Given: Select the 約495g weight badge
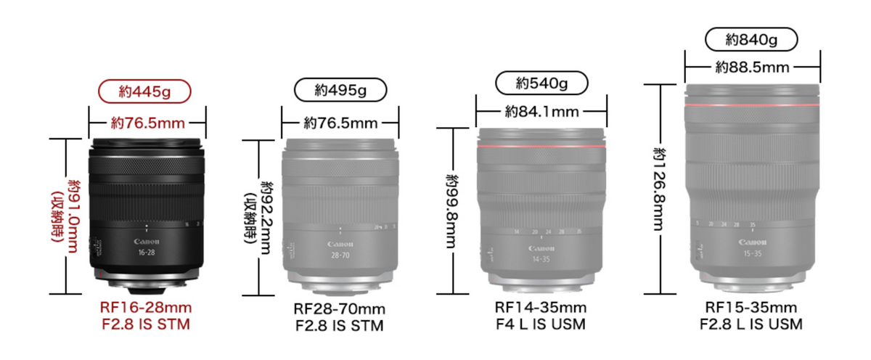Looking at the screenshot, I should [340, 91].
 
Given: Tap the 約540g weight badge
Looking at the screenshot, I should [541, 83].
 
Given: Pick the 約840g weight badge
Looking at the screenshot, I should [751, 38].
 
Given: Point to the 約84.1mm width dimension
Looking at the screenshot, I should [541, 112].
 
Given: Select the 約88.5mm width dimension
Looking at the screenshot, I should [752, 67].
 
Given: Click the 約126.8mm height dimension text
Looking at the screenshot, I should [660, 186].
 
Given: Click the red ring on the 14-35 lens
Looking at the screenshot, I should [541, 147].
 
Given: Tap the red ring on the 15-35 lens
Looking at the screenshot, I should [752, 107].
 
